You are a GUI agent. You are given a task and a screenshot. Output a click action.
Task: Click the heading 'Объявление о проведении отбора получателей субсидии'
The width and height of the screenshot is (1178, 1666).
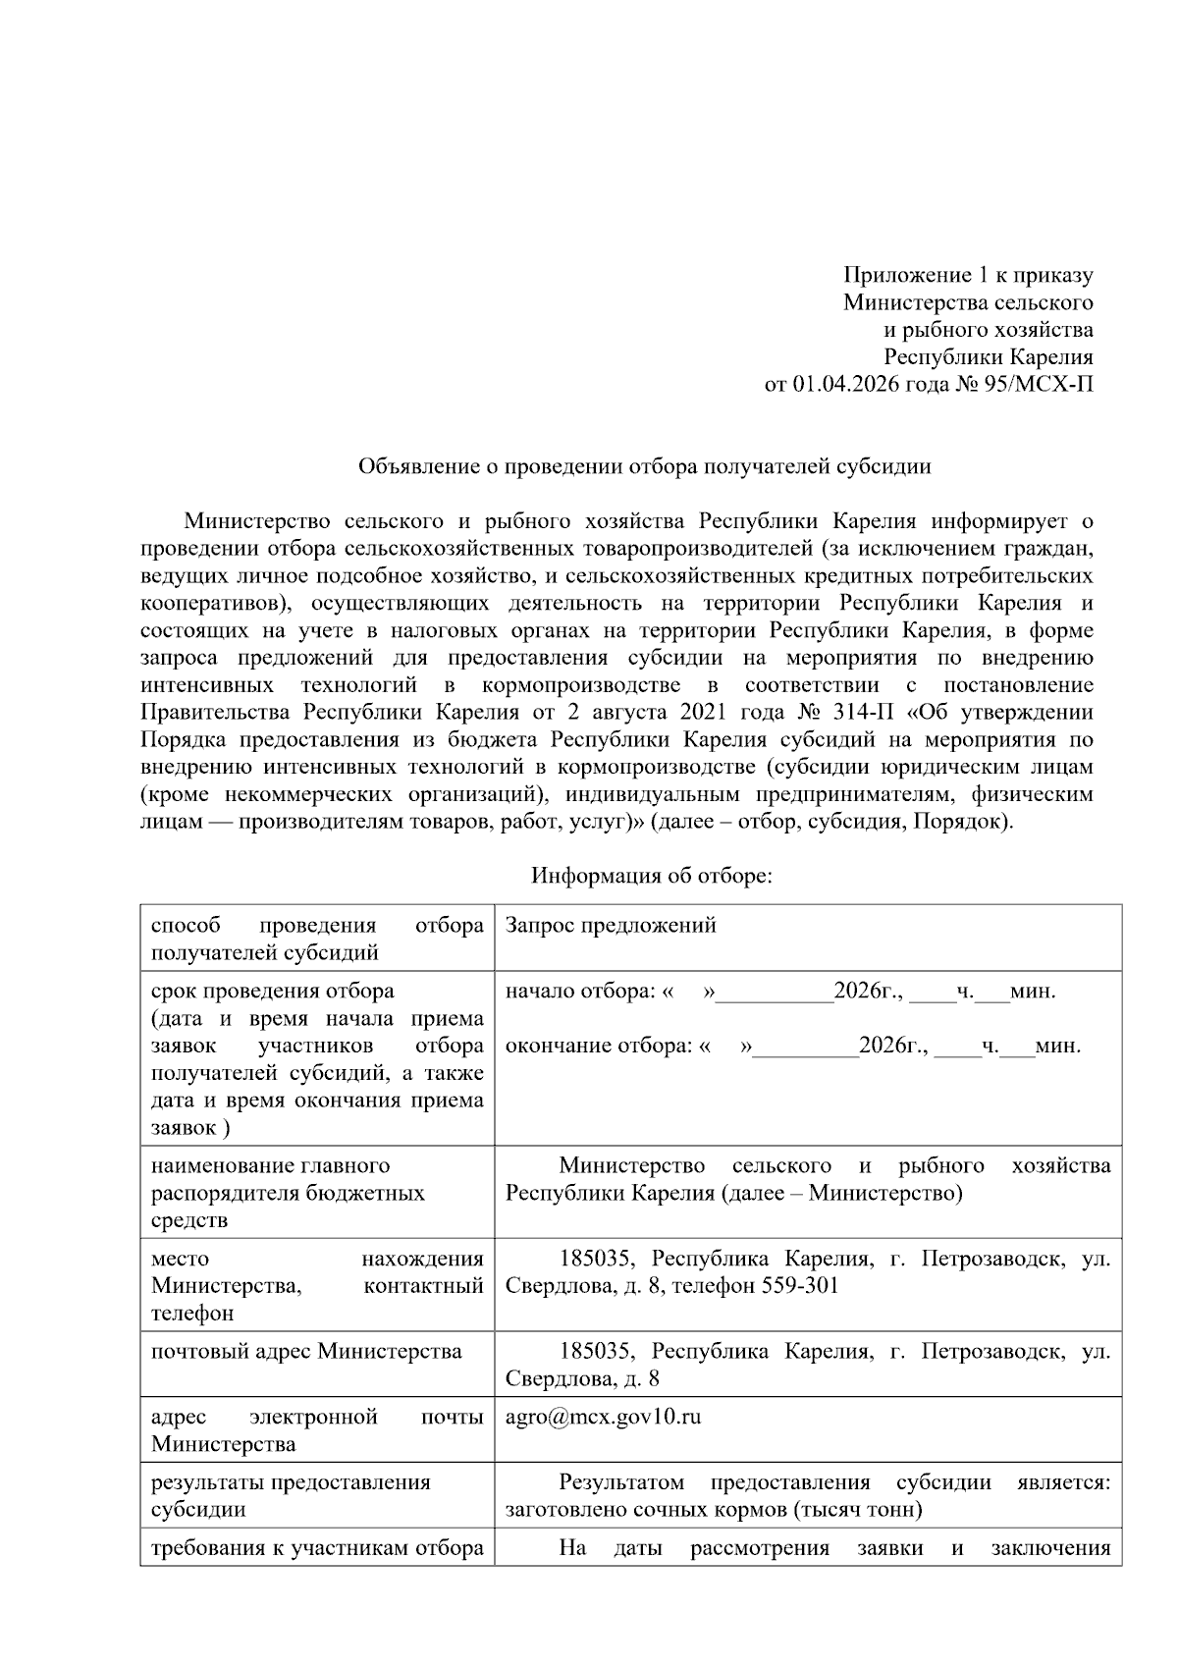[644, 466]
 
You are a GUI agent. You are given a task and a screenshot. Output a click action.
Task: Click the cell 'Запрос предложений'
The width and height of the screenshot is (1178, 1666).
[610, 926]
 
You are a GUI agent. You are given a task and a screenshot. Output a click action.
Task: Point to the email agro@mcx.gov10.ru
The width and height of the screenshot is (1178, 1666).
[603, 1418]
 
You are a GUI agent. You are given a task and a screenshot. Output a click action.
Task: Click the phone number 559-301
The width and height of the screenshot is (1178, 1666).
[800, 1286]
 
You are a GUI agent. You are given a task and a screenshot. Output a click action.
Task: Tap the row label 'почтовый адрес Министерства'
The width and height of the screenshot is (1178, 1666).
[306, 1352]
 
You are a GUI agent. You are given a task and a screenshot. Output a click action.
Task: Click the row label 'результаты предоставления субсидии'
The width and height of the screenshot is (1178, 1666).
[291, 1496]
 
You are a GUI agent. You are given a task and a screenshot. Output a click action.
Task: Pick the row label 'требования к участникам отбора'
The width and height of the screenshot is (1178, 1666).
[316, 1549]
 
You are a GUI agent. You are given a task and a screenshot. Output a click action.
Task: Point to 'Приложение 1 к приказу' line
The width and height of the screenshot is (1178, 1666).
[968, 276]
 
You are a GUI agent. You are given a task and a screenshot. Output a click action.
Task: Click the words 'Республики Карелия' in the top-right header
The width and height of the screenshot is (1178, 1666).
[988, 357]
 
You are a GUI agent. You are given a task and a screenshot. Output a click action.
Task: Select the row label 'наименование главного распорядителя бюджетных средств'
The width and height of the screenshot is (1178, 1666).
[288, 1193]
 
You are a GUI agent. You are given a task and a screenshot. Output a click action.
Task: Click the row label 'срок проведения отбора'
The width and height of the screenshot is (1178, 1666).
[273, 992]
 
